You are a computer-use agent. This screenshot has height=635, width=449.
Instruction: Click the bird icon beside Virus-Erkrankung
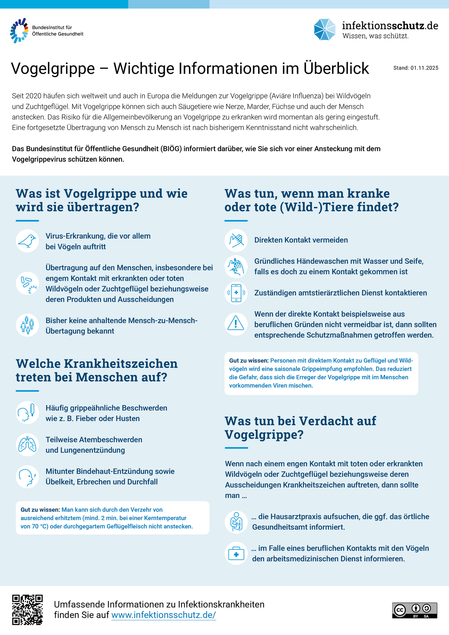point(27,241)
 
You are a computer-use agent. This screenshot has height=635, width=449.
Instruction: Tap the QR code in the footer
point(27,610)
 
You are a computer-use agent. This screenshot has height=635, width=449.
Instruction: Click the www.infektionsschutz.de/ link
point(163,615)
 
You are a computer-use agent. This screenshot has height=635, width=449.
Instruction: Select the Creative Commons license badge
point(415,610)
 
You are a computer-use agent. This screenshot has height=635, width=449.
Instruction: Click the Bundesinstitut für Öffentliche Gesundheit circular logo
point(19,30)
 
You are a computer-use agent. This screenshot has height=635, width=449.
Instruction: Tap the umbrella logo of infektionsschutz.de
point(325,30)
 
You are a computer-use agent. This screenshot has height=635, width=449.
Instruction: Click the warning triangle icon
point(236,324)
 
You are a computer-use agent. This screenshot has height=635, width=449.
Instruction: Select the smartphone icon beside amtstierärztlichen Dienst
point(236,293)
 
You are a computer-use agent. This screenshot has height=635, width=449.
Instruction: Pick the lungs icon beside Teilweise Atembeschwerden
point(27,445)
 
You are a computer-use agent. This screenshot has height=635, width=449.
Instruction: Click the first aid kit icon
point(236,553)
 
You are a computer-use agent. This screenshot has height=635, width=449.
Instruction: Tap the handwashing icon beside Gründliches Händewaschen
point(236,266)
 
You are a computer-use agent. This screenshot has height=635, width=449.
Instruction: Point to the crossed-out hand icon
point(236,240)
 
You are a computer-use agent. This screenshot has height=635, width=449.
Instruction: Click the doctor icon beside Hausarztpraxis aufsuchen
point(236,522)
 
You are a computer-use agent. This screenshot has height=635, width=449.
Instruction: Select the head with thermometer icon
point(27,413)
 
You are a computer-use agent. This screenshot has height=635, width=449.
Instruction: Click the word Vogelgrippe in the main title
point(53,69)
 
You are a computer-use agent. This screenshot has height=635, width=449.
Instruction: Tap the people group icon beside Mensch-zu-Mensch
point(27,325)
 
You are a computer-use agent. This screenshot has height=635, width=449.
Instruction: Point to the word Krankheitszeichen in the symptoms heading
point(120,363)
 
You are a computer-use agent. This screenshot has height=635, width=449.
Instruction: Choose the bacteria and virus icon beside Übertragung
point(27,283)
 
